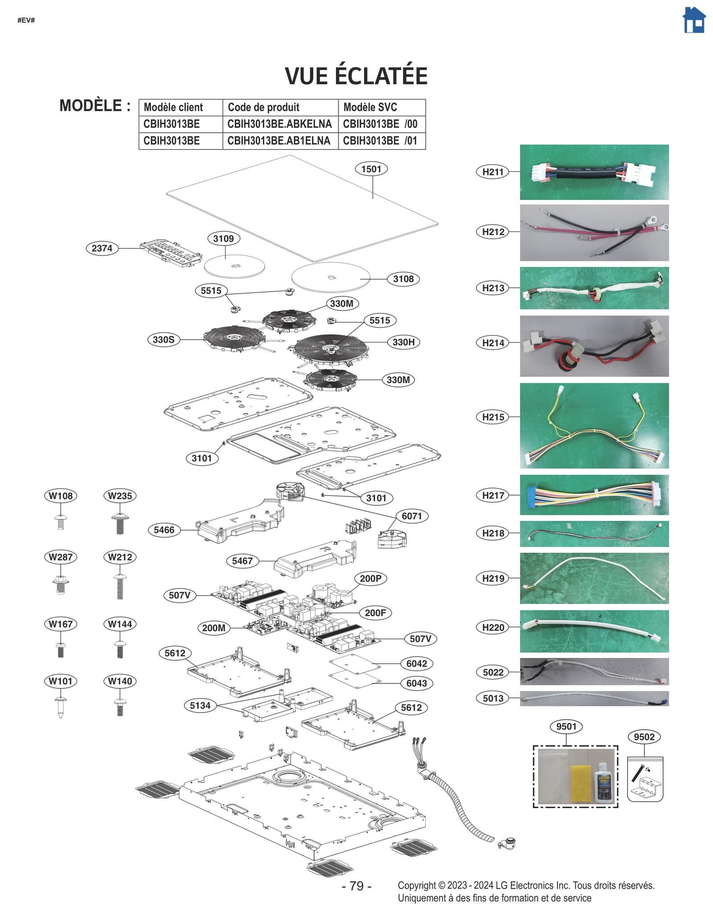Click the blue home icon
pos(694,20)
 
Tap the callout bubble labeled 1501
pos(371,169)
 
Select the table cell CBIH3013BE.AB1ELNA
pos(279,141)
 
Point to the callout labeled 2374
pos(102,248)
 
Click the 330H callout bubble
pos(403,342)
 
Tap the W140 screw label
pos(120,682)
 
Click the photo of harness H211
pos(594,172)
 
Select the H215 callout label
pos(493,417)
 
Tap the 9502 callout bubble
pos(644,737)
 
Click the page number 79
pos(356,886)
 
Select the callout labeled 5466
pos(164,530)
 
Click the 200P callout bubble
pos(370,579)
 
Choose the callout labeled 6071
pos(411,516)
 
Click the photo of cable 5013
pos(594,699)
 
